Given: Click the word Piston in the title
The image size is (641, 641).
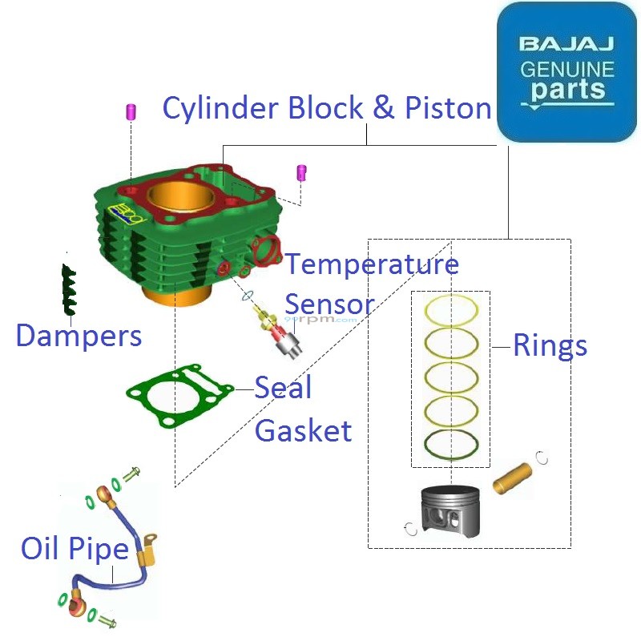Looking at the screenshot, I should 448,108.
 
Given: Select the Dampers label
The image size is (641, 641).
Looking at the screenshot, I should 79,336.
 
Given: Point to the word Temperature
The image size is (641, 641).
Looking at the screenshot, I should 373,264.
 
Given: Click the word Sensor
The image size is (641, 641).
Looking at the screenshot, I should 329,304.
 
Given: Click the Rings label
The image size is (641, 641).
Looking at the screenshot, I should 550,345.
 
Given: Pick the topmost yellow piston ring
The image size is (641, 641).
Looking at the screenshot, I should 451,309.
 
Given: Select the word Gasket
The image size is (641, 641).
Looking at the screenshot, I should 303,431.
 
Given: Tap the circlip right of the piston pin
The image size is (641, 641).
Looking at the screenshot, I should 542,458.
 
